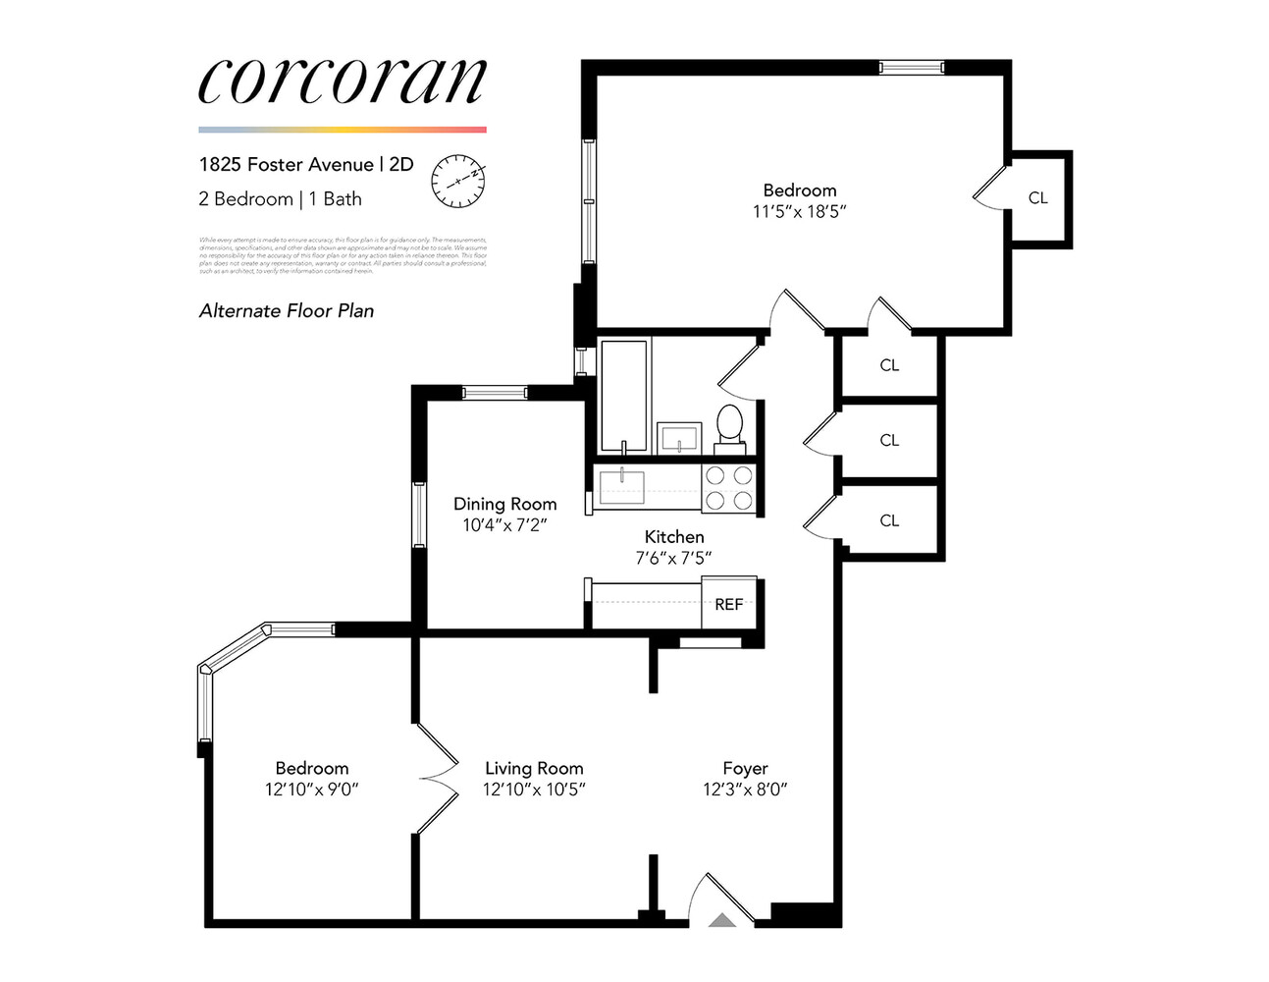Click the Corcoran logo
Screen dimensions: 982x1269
click(342, 81)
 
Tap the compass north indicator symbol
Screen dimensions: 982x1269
click(458, 181)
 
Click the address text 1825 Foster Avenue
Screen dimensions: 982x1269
click(286, 164)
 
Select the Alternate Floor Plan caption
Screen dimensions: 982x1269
click(287, 311)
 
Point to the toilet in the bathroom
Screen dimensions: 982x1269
click(729, 428)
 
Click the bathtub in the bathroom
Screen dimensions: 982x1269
click(623, 395)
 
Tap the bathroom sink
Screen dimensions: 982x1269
click(679, 436)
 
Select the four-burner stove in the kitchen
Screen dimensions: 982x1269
click(729, 488)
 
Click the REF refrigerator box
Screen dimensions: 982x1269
click(728, 604)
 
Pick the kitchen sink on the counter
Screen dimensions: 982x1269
click(622, 484)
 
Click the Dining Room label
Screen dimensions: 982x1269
click(504, 504)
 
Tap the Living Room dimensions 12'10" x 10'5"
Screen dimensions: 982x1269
click(534, 790)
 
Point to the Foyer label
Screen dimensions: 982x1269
click(745, 768)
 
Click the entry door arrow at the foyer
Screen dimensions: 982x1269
click(722, 920)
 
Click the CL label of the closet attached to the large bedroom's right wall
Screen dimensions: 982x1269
click(1037, 197)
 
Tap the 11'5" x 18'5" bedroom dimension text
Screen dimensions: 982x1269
click(799, 211)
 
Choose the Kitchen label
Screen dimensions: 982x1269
click(673, 536)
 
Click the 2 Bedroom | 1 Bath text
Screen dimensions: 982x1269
click(280, 199)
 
